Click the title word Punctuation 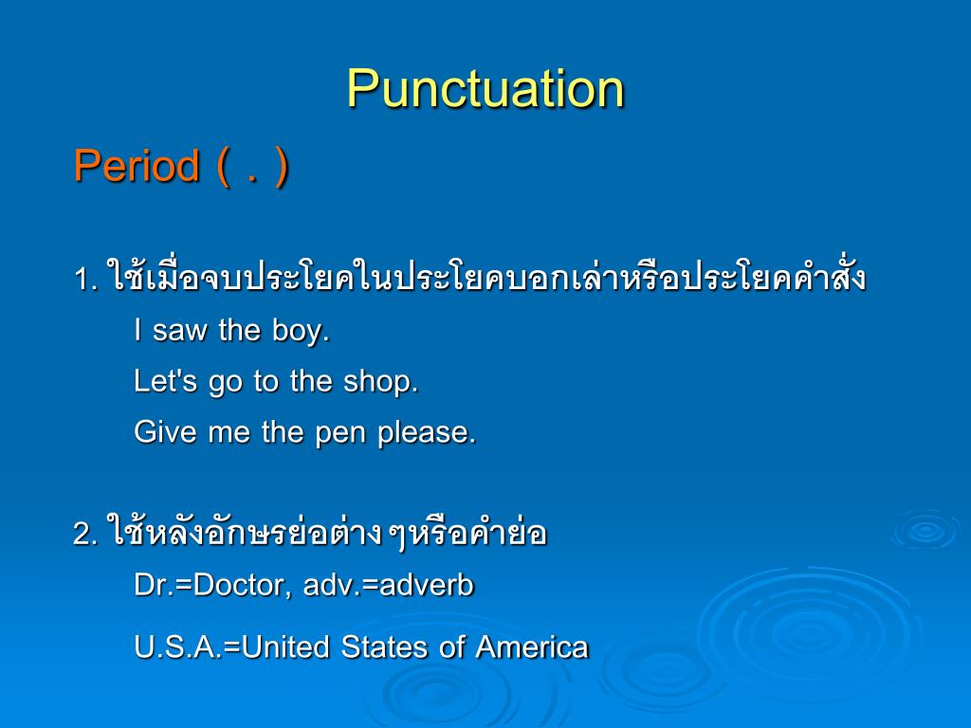tap(485, 90)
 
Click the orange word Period tap(137, 167)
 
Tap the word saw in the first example tap(181, 331)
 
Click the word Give tap(164, 432)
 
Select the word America tap(532, 647)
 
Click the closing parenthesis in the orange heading tap(281, 169)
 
